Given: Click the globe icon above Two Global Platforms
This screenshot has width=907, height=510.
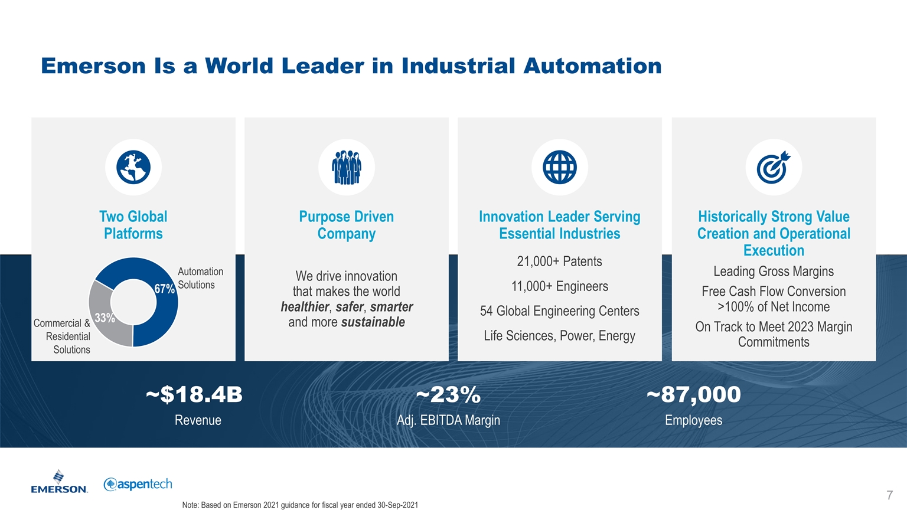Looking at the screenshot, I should tap(133, 168).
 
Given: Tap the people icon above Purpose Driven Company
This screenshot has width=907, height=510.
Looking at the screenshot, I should tap(347, 168).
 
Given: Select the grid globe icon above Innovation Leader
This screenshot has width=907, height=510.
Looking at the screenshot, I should tap(559, 168).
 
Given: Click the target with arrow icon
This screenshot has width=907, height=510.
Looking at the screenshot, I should tap(774, 168).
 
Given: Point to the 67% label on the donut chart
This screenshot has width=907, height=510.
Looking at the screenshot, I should tap(164, 289).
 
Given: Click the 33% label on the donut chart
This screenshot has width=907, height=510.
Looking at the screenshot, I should tap(105, 318).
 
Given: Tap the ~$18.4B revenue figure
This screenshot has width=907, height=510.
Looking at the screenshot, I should tap(194, 394).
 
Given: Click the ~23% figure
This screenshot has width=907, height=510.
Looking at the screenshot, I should tap(448, 394).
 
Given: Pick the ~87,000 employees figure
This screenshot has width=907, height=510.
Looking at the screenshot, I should tap(693, 394).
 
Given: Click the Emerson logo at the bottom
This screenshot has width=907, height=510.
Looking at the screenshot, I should tap(59, 482).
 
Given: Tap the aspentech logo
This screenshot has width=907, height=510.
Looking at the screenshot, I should tap(138, 484).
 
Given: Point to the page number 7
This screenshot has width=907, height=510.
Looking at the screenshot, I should tap(889, 495).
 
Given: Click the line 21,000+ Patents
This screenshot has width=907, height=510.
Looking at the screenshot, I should tap(559, 261).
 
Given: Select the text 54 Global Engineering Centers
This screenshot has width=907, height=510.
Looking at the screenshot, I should tap(559, 311).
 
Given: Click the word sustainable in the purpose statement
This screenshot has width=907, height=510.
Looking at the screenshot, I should tap(373, 322).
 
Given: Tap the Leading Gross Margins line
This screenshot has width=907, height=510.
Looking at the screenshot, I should tap(774, 272).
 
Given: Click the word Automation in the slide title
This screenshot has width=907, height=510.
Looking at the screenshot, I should tap(592, 66).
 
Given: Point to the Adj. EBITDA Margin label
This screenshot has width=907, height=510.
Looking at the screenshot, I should tap(448, 420).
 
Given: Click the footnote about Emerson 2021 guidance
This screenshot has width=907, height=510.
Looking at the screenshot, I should tap(300, 505).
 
